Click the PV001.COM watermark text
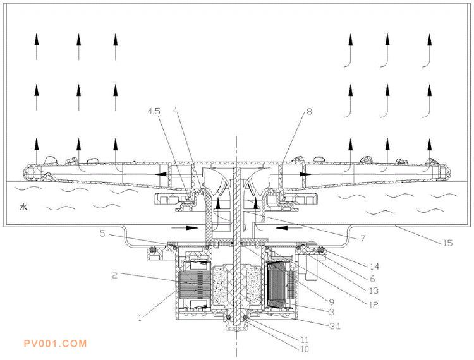[x=54, y=344]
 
